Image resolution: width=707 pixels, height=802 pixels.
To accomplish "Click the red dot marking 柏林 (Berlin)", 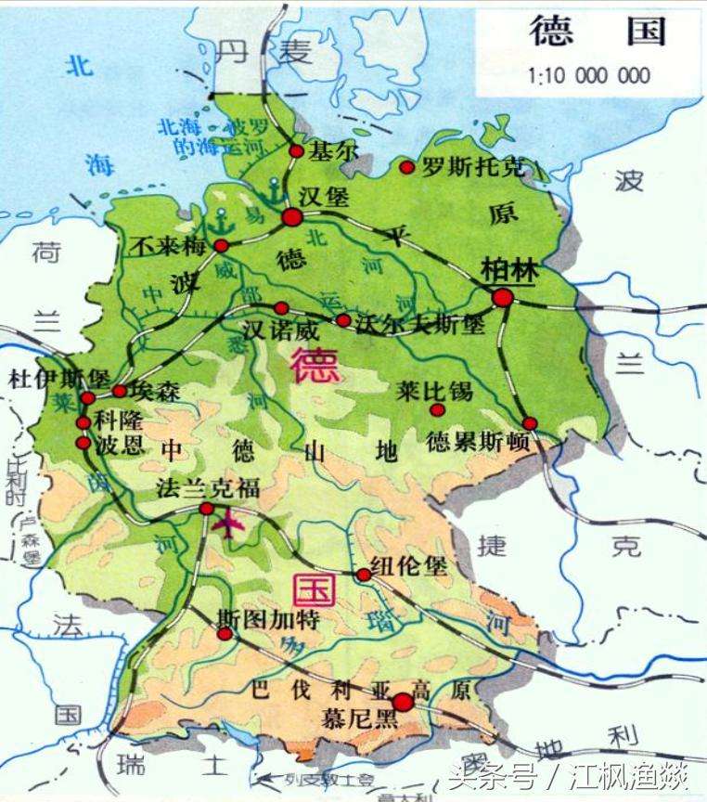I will point(503,298).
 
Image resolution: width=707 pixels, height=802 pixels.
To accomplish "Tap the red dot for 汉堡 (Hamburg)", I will point(292,217).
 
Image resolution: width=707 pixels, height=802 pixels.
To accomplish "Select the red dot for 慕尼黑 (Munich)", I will point(403,702).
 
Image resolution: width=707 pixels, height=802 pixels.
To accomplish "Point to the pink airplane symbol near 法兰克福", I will point(227,525).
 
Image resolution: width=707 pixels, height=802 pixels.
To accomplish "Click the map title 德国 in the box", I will point(598,32).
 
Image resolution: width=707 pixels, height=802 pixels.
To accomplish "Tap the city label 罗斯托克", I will point(473,168).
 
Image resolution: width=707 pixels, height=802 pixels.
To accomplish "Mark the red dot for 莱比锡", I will point(438,408).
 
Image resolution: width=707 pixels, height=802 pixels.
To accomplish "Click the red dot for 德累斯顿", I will point(530,423).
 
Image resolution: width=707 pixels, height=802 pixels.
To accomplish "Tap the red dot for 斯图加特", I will point(225,634).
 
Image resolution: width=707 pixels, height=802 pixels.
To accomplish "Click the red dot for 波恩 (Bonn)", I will point(84,443).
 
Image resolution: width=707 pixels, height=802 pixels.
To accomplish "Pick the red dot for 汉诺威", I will point(281,308).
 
